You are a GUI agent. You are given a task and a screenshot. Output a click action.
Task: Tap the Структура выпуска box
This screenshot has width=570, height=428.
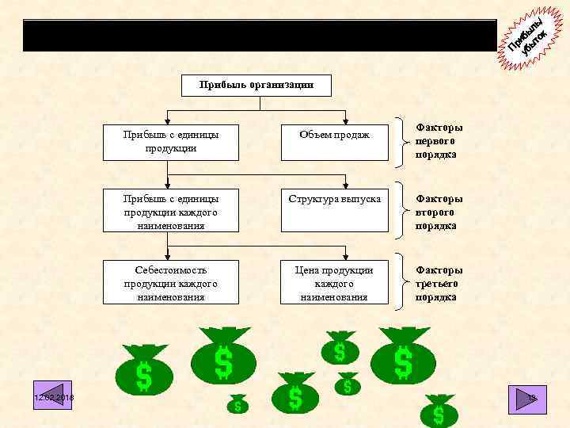[335, 209]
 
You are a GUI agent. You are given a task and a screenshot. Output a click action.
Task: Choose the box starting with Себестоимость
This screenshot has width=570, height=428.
[170, 282]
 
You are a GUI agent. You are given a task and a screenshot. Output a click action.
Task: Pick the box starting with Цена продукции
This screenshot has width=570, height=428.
[335, 282]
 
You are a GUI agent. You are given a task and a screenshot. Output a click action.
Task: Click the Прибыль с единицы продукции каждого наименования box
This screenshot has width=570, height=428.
[170, 209]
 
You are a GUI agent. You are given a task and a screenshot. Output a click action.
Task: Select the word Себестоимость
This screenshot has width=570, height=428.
[170, 269]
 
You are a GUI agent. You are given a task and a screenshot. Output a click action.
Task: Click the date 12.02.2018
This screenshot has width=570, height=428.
[54, 396]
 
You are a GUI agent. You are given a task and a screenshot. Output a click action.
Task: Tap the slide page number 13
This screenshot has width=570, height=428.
[532, 396]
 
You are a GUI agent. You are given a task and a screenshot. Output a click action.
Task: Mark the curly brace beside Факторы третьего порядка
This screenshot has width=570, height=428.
[402, 282]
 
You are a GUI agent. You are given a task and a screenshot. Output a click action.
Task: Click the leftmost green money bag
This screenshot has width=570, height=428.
[142, 369]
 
